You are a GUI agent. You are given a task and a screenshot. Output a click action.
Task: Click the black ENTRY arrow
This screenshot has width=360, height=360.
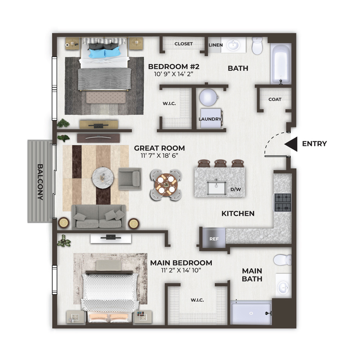[x=291, y=144]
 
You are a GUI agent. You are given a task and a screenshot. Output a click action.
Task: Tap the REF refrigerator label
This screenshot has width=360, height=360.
[x=214, y=239]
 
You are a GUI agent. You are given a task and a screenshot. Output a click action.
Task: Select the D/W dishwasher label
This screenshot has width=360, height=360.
[x=235, y=189]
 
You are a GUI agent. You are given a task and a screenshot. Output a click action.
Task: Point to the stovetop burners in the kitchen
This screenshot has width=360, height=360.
[x=283, y=202]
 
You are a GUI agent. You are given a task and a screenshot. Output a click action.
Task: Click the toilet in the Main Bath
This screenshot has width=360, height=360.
[x=282, y=260]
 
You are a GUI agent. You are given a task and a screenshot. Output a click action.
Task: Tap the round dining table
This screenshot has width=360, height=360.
[x=166, y=185]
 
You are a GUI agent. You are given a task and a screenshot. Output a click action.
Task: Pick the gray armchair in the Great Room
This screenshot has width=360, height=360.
[x=130, y=179]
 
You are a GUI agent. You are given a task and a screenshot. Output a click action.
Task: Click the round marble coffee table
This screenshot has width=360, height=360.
[x=103, y=177]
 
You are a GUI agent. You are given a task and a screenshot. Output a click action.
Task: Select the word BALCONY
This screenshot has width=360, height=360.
[x=40, y=182]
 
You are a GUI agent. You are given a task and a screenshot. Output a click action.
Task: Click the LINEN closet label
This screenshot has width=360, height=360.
[x=216, y=45]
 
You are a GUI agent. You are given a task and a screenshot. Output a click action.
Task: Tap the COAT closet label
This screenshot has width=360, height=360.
[x=275, y=99]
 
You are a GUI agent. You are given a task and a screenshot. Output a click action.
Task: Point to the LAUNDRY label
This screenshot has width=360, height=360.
[x=210, y=119]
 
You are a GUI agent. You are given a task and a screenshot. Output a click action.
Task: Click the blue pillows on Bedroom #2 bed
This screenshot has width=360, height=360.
[x=105, y=52]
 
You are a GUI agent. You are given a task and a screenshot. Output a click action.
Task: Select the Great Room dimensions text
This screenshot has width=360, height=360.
[x=159, y=156]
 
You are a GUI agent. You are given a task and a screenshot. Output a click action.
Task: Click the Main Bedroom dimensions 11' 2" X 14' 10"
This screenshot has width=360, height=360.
[x=181, y=270]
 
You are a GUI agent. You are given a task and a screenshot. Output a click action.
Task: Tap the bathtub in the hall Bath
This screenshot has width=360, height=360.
[x=281, y=64]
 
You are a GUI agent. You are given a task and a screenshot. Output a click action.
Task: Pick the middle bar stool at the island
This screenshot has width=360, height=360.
[x=220, y=163]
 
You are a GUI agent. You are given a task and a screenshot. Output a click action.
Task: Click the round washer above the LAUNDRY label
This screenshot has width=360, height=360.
[x=208, y=97]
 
